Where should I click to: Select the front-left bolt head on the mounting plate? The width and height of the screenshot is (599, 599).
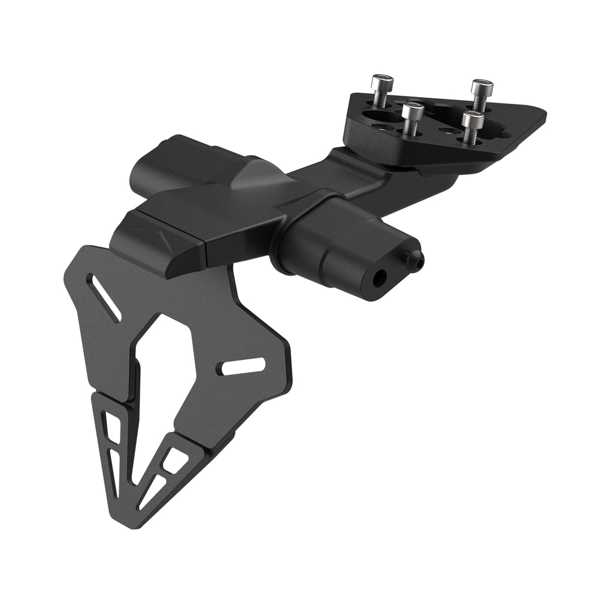413,109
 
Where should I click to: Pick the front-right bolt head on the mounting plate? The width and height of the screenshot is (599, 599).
473,117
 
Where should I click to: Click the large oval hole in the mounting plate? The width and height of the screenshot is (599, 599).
376,116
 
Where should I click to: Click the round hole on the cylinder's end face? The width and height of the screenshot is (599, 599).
380,277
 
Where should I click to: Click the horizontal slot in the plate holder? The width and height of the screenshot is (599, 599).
243,366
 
